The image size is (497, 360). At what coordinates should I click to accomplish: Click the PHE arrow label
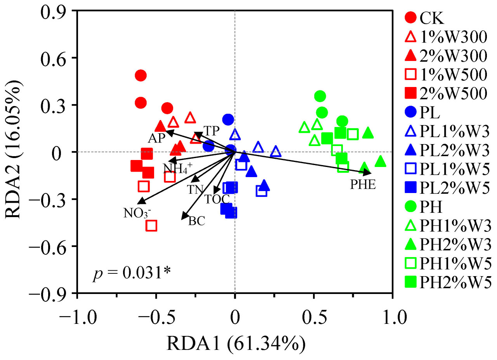(363, 185)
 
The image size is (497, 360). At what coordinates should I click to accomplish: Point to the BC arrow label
(196, 221)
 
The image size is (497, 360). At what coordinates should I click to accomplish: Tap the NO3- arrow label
(137, 213)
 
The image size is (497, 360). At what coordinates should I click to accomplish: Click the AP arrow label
(157, 139)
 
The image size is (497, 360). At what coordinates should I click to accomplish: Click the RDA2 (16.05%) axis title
(15, 151)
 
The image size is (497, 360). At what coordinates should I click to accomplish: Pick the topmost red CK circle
(141, 75)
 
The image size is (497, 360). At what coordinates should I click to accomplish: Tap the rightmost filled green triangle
(381, 161)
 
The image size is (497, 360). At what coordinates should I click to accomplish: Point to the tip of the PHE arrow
(371, 173)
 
